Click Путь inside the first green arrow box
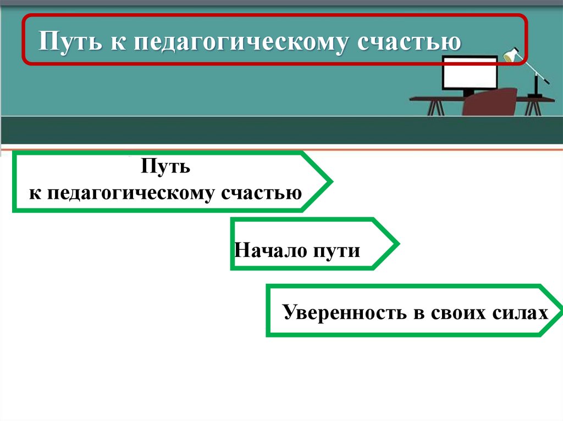(165, 166)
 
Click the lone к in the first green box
(33, 193)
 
